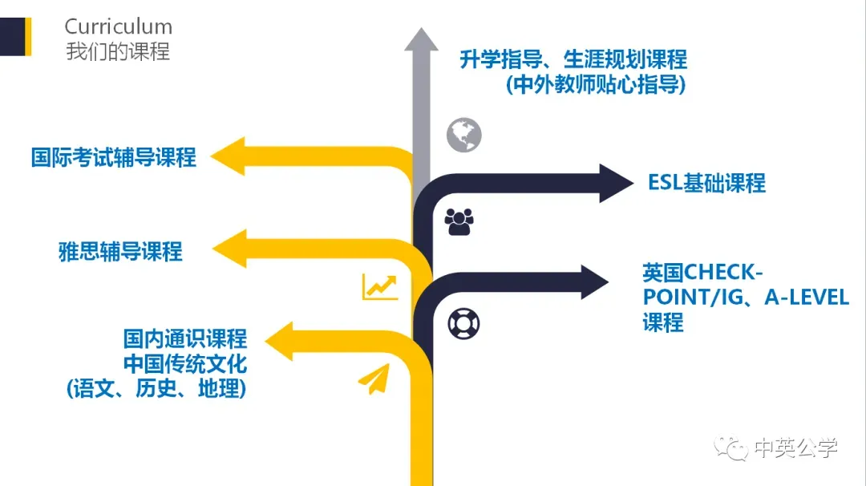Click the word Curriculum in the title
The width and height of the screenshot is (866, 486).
[x=118, y=26]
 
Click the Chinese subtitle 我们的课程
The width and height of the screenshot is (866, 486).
[x=118, y=51]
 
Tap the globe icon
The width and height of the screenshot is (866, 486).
[x=464, y=135]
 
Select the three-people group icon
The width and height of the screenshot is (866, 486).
[x=459, y=221]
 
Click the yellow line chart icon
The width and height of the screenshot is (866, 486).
[x=379, y=286]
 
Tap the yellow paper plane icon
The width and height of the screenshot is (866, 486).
[x=374, y=379]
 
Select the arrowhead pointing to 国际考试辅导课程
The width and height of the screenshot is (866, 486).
[x=233, y=156]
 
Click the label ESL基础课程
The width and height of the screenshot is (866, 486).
[x=706, y=183]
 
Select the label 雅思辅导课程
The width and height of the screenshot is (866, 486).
[x=120, y=252]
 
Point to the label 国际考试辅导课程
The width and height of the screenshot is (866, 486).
[x=113, y=156]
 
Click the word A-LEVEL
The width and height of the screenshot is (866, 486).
[x=806, y=297]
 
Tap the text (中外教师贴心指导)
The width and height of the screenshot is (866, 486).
[x=596, y=84]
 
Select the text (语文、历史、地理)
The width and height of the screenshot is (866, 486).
[x=156, y=389]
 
